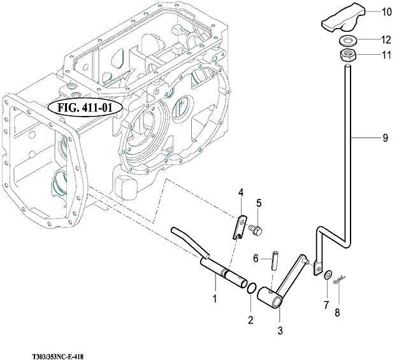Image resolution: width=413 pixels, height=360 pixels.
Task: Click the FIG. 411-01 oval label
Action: [85, 108]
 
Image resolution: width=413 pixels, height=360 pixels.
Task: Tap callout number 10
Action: [387, 12]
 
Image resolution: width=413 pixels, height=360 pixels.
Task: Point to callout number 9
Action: [385, 138]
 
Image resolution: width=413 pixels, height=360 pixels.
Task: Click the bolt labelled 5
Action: [256, 229]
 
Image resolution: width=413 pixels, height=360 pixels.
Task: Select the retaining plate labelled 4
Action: [240, 227]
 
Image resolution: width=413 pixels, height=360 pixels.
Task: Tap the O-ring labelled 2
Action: [251, 288]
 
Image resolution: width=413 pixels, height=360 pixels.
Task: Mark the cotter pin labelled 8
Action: [339, 280]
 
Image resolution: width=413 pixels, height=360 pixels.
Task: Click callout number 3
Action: [280, 330]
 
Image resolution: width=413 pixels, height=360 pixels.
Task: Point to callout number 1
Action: [215, 299]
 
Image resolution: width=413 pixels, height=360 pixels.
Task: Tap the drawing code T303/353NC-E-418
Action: [58, 357]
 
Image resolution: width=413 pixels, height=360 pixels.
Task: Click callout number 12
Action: [386, 40]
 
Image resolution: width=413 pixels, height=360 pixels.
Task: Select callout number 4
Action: [241, 192]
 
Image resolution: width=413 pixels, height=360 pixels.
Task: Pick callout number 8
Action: [337, 313]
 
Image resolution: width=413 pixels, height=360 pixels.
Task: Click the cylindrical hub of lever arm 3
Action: [270, 298]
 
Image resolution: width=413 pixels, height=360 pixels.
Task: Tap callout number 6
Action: [256, 259]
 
